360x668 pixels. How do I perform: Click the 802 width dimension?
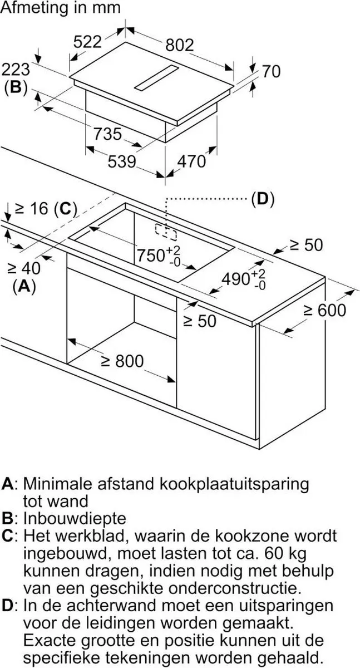180,45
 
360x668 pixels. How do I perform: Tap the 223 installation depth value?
16,70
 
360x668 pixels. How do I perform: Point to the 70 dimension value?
271,72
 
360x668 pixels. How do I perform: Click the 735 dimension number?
107,134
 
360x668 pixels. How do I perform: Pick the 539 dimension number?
122,162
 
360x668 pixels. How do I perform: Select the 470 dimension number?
191,161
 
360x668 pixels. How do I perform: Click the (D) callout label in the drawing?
263,199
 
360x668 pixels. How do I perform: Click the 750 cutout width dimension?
159,256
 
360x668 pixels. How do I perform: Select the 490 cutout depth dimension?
244,279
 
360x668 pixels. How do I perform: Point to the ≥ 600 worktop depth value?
325,310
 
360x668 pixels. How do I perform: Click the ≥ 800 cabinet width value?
122,361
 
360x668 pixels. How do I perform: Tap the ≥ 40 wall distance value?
24,268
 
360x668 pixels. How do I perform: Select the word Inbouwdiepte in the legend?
75,519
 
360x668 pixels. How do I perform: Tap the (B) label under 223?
16,88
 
